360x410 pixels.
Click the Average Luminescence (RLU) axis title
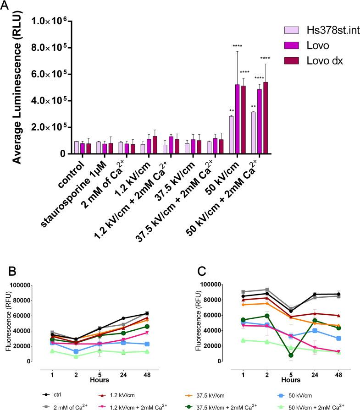coord(17,87)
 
